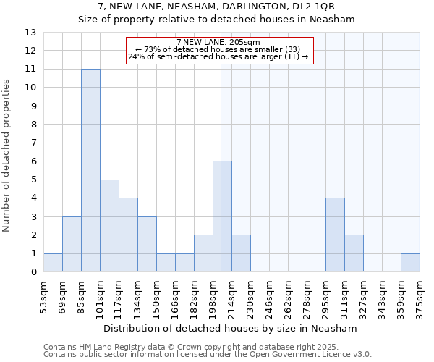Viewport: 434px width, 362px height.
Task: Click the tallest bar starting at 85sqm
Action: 90,170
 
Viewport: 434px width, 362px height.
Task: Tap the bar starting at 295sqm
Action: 335,235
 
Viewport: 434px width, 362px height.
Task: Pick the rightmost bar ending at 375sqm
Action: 410,263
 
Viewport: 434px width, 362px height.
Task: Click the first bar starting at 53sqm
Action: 53,263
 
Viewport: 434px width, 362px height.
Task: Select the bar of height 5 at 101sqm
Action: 109,225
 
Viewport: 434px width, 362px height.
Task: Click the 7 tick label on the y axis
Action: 33,143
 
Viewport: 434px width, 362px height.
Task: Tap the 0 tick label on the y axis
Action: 33,272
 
